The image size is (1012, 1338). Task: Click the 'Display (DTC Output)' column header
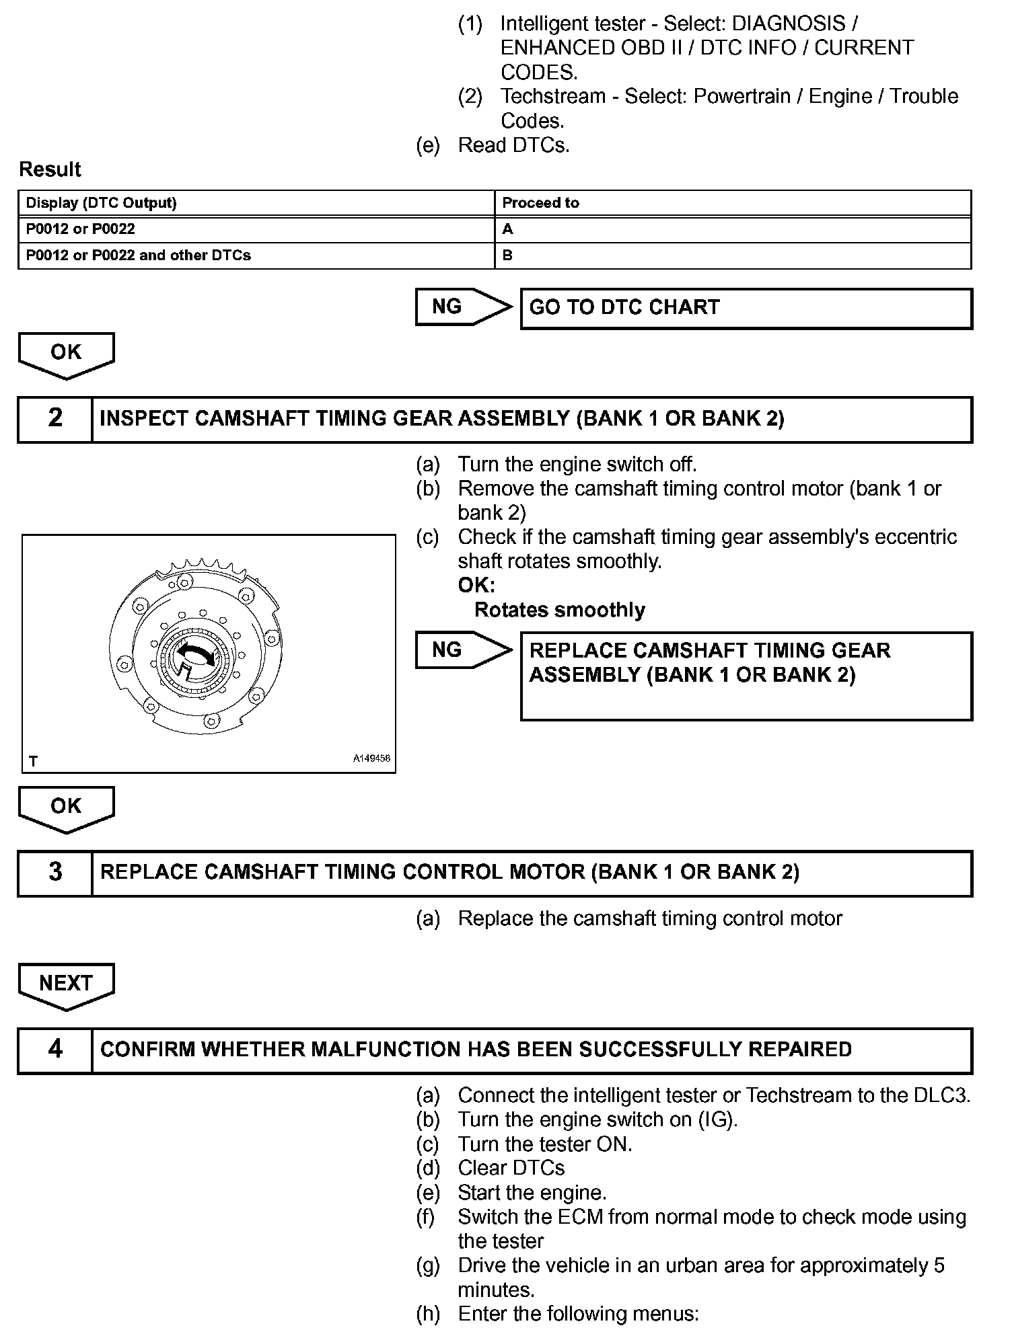click(x=101, y=203)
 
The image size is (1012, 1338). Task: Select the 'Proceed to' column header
click(x=540, y=203)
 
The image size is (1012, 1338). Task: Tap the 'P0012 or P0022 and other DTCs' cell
click(x=138, y=255)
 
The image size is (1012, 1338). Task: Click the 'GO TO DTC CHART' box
click(x=746, y=309)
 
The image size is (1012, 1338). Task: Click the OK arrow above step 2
click(x=66, y=354)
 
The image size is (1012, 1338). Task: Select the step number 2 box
click(x=55, y=419)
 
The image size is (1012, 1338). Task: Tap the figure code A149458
click(x=371, y=758)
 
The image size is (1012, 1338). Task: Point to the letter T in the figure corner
click(x=33, y=761)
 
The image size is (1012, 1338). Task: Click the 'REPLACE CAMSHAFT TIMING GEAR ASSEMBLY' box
click(x=746, y=675)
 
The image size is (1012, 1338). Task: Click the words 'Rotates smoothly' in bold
click(x=559, y=610)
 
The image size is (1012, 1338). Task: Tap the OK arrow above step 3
click(x=66, y=808)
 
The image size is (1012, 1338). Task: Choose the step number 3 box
click(x=55, y=873)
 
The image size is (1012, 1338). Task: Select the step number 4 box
click(x=55, y=1050)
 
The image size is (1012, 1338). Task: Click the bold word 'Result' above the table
click(x=50, y=169)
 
